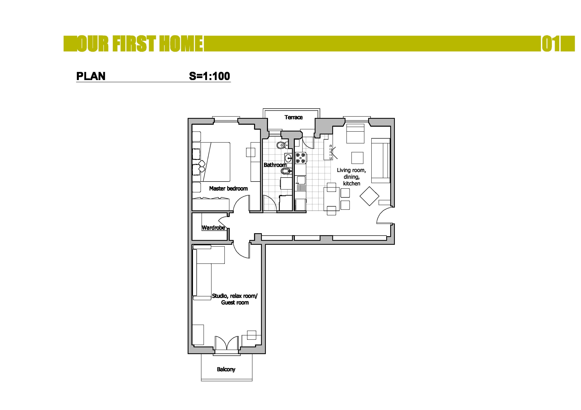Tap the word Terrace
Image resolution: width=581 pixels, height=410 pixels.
click(293, 117)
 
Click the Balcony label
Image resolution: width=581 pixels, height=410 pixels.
click(226, 369)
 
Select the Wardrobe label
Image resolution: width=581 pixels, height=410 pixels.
click(213, 228)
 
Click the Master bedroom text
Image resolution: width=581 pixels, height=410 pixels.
click(228, 188)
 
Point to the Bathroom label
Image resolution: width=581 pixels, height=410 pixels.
click(275, 165)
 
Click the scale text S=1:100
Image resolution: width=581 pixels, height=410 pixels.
click(210, 76)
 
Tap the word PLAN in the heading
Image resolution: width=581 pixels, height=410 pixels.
click(91, 76)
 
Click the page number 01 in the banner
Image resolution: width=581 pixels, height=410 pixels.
click(551, 44)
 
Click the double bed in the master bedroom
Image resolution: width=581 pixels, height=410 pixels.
click(211, 162)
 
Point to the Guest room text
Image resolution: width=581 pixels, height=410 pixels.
click(235, 303)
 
